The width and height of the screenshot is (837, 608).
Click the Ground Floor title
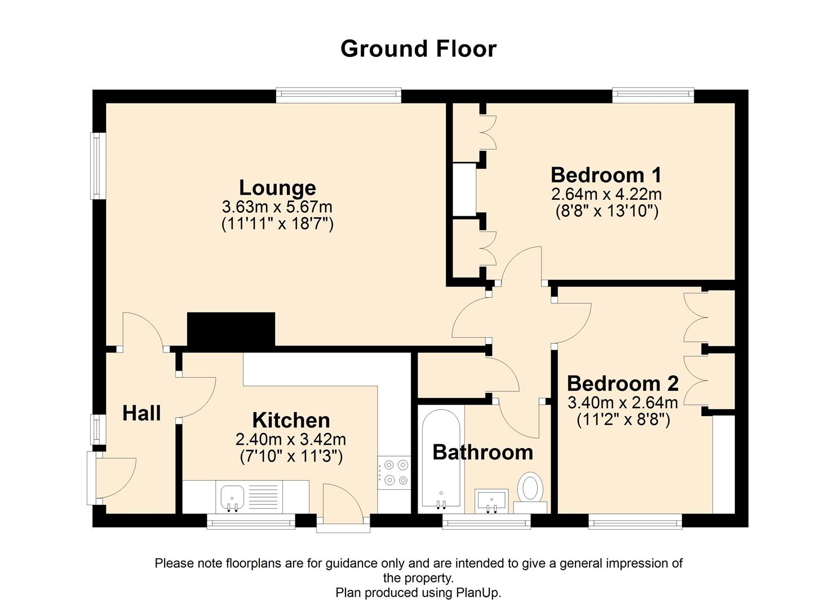click(x=418, y=49)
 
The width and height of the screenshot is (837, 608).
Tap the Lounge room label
click(x=277, y=187)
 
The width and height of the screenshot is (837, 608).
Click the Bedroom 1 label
click(x=606, y=175)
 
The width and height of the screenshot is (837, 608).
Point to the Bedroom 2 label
click(x=622, y=383)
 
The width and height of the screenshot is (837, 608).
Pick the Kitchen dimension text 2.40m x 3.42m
click(x=291, y=439)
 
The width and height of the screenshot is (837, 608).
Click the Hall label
click(x=141, y=413)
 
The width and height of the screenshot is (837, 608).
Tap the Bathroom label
click(x=482, y=452)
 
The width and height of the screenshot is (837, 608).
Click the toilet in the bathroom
click(x=530, y=488)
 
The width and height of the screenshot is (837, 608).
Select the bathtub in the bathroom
click(x=442, y=459)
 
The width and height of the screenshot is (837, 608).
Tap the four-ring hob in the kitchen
click(x=395, y=472)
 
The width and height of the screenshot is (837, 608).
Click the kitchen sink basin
click(x=232, y=497)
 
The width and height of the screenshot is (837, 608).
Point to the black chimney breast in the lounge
click(x=231, y=329)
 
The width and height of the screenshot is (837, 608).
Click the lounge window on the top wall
click(x=338, y=95)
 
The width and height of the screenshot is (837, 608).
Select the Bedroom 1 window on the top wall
click(x=653, y=95)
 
